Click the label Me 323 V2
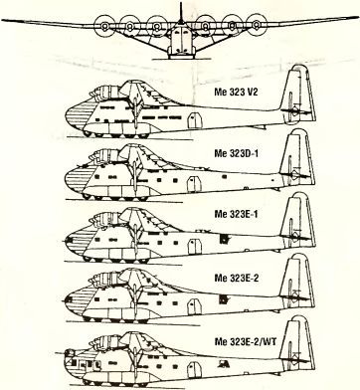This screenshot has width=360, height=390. coord(236,92)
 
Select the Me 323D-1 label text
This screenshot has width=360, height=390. coord(236,153)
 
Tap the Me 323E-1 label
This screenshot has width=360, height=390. coord(236,214)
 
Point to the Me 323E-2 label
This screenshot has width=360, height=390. coord(236,278)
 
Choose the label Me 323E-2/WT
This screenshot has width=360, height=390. coord(246,341)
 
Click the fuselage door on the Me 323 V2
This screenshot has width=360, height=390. coord(195,120)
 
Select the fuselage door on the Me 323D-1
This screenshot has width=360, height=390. coord(194,184)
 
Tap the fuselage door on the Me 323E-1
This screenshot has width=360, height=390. coord(195,246)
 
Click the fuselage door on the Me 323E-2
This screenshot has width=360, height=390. coord(195,306)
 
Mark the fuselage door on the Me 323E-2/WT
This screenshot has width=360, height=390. coord(194,370)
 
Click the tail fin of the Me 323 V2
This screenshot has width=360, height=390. coord(297,94)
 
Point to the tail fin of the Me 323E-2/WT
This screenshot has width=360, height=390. coord(297,345)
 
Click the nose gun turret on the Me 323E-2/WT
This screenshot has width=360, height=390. coord(70,353)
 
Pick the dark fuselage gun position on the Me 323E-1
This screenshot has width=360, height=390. coord(224,239)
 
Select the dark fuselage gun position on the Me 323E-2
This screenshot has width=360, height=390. coord(224,299)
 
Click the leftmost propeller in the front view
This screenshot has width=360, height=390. coord(104,26)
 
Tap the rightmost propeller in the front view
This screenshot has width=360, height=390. coord(256,24)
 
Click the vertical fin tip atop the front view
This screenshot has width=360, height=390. coord(181,3)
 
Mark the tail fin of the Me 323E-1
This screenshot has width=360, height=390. coord(297,220)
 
